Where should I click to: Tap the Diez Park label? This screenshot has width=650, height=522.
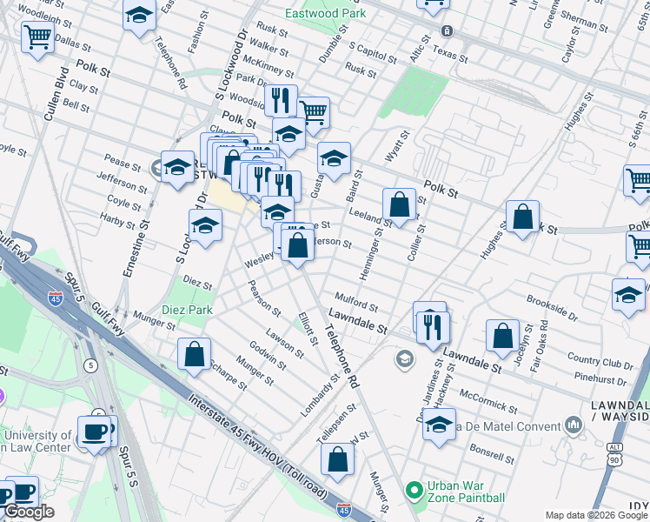tap(187, 311)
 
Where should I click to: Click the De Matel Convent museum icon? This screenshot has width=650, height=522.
tap(573, 425)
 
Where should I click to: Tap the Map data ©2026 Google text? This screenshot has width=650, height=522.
tap(596, 515)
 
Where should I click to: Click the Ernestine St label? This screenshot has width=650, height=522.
tap(136, 247)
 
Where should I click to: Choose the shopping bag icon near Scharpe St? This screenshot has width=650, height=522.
tap(195, 353)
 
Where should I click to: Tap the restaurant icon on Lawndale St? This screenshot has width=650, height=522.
tap(432, 327)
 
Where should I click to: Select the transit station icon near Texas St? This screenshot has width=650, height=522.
tap(448, 31)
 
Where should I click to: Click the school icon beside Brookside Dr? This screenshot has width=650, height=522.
tap(628, 295)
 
